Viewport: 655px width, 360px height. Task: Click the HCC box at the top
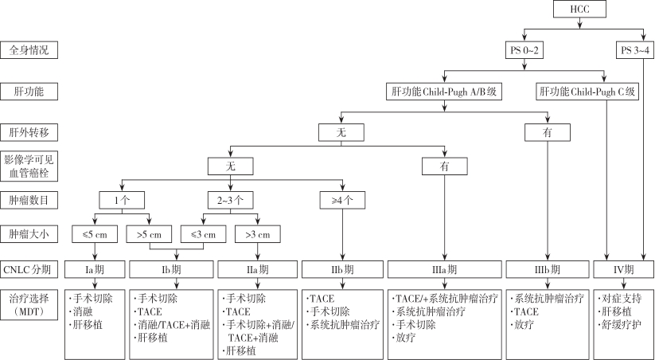coord(579,9)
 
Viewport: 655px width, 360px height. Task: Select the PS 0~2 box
coord(524,51)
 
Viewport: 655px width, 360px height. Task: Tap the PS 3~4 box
coord(635,51)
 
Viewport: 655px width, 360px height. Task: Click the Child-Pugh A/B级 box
coord(444,92)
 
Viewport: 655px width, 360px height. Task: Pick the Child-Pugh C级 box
coord(587,92)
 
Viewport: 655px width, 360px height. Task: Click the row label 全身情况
coord(29,50)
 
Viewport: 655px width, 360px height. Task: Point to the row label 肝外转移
coord(29,132)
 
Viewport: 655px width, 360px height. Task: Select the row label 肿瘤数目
coord(29,200)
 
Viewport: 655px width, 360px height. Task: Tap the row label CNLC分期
coord(29,269)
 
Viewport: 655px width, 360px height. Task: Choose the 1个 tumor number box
coord(122,200)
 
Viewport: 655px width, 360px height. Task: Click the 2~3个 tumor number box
coord(231,200)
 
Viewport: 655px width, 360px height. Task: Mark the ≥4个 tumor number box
coord(342,200)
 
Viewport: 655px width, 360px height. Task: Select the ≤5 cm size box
coord(95,235)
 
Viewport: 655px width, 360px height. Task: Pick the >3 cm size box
coord(258,235)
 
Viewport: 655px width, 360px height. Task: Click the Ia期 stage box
coord(95,269)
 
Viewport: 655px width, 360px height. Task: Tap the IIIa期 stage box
coord(444,269)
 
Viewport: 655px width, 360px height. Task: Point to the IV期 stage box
coord(624,269)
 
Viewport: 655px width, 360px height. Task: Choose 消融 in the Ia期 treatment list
coord(83,311)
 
